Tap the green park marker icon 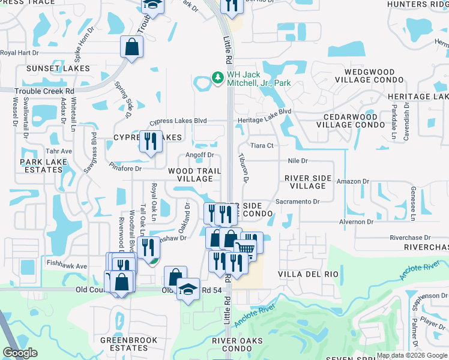(x=217, y=78)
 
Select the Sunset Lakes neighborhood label (x=58, y=68)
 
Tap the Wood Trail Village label (x=190, y=175)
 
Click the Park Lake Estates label (x=41, y=166)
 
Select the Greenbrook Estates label (x=128, y=344)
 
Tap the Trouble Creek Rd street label (x=37, y=91)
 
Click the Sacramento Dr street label (x=301, y=202)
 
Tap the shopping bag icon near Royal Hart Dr (x=131, y=46)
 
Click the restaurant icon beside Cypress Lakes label (x=149, y=141)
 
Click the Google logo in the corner (x=20, y=353)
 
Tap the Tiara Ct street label (x=262, y=145)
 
